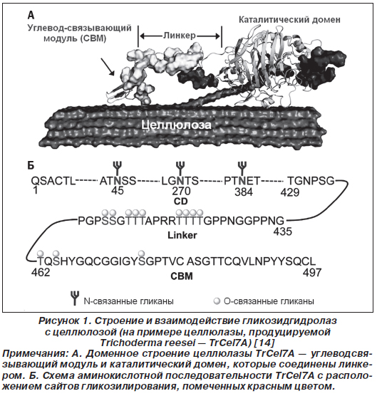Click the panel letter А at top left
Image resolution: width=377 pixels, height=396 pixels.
coord(31,16)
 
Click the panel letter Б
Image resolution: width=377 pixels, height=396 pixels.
coord(31,165)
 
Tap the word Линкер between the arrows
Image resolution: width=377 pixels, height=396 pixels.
coord(180,36)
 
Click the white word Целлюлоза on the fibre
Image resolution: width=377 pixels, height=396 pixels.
coord(176,125)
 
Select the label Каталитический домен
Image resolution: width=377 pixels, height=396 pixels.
coord(289,20)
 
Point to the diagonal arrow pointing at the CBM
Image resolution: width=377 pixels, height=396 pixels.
coord(108,67)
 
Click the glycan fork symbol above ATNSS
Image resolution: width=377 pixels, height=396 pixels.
coord(118,168)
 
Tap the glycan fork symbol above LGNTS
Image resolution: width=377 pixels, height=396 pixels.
coord(180,168)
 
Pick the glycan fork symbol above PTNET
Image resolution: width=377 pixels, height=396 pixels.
coord(242,168)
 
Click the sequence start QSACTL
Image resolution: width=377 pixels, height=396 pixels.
coord(53,181)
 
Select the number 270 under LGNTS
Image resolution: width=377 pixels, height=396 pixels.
coord(181,191)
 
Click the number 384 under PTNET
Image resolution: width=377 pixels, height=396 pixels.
coord(244,192)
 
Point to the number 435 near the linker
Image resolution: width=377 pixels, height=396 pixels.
coord(283,231)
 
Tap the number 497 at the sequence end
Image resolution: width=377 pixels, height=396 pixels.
coord(312,272)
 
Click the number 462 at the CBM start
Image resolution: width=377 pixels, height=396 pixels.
coord(41,272)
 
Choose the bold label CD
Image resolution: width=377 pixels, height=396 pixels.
coord(181,202)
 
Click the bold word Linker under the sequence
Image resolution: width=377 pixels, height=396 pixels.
coord(182,235)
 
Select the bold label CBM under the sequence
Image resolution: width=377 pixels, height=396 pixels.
coord(182,276)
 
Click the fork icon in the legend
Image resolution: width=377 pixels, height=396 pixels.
coord(75,298)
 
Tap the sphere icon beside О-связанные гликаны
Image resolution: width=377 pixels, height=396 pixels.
coord(217,301)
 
